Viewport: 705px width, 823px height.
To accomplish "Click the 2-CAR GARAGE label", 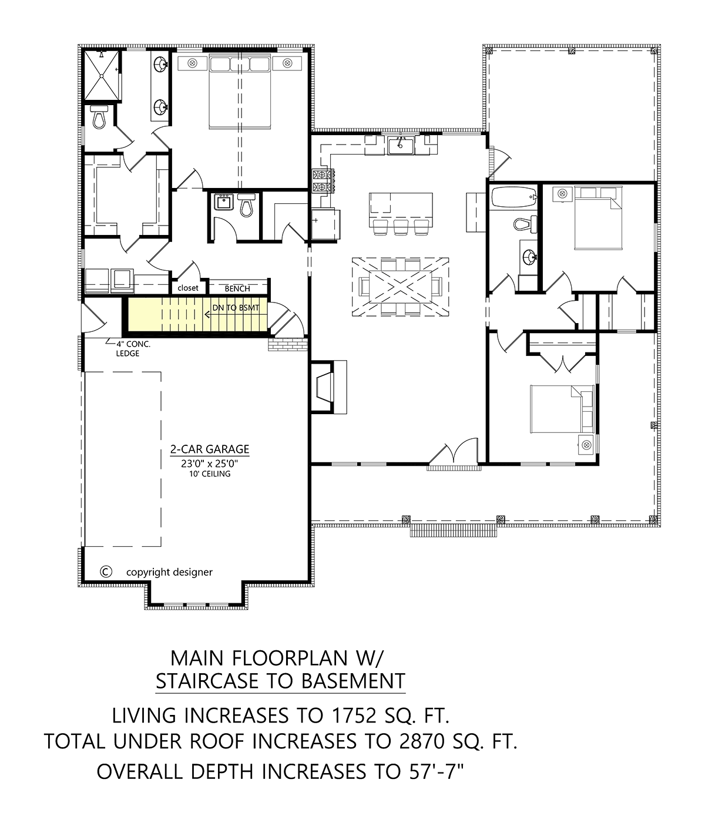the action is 210,449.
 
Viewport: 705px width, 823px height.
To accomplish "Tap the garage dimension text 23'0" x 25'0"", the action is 210,463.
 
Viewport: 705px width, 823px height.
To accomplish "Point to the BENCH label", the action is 237,288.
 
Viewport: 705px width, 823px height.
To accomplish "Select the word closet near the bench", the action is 187,288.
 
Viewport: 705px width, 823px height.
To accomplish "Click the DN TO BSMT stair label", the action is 236,308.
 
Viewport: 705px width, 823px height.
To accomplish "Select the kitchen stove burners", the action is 323,181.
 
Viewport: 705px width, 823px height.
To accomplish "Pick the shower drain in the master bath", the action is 101,76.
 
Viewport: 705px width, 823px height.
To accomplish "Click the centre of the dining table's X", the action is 400,287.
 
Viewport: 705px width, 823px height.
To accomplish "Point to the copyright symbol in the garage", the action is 106,572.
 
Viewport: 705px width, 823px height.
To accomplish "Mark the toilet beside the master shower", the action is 98,116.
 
